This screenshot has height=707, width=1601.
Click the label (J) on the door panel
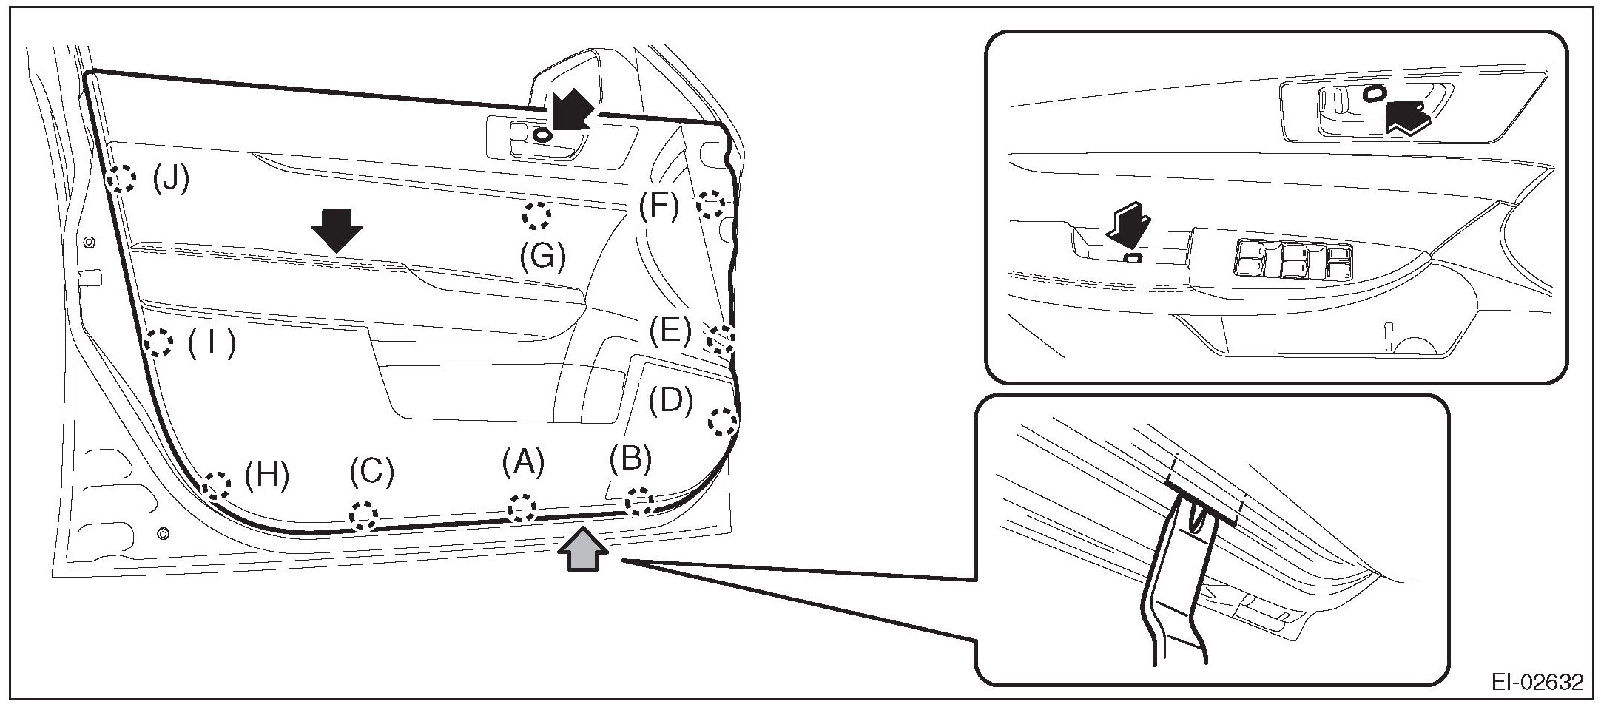coord(171,179)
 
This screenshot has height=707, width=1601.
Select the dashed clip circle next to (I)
coord(158,343)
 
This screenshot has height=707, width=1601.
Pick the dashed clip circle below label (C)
coord(363,513)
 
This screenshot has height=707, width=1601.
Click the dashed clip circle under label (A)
coord(522,507)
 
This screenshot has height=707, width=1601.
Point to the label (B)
coord(630,459)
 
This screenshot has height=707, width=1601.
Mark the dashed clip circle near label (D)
coord(723,422)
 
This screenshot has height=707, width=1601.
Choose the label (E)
coord(670,330)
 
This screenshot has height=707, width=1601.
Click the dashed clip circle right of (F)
coord(711,203)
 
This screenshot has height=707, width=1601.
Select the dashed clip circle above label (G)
coord(537,216)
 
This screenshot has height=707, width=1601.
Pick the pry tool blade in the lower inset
coord(1178,592)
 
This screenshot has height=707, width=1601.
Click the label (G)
coord(542,257)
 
